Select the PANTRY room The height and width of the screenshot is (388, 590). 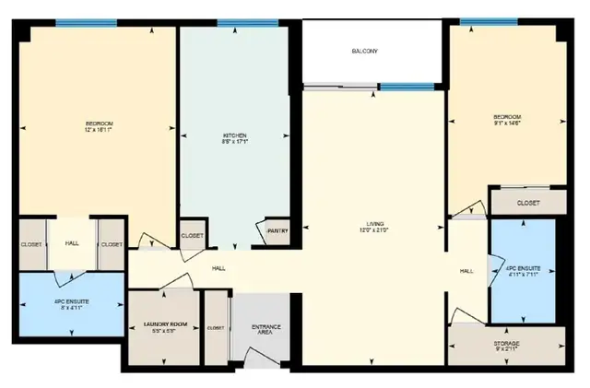277,231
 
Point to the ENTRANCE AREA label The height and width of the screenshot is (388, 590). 266,331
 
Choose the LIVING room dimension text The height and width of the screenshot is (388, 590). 375,231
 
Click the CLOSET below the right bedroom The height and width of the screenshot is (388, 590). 527,203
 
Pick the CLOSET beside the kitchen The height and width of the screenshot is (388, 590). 193,236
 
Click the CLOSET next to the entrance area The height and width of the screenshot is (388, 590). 216,327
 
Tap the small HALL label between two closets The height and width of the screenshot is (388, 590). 71,244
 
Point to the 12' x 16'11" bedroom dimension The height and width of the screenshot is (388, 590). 99,129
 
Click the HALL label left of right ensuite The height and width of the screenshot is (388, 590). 466,271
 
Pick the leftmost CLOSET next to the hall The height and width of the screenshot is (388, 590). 30,244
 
